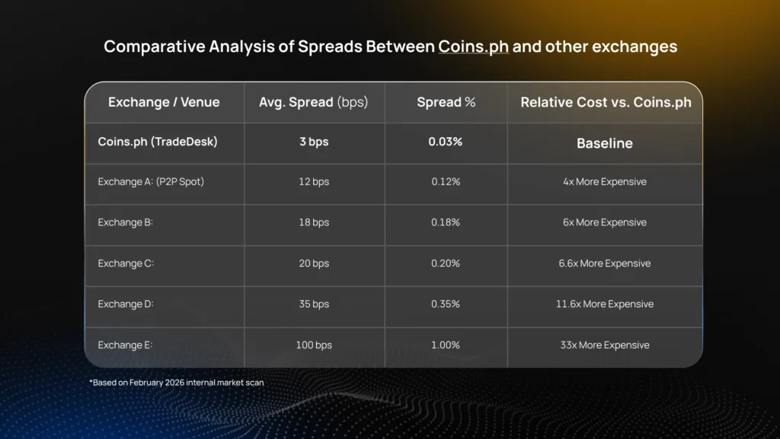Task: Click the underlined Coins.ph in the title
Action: [473, 47]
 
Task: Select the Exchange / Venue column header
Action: [164, 102]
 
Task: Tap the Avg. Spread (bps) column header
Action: [314, 102]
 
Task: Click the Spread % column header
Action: [446, 102]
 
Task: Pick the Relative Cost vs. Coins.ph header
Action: [606, 102]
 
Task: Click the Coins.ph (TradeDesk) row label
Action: [158, 142]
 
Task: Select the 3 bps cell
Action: [314, 142]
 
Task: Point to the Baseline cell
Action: [605, 143]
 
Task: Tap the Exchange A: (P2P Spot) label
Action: [151, 182]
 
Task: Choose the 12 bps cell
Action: [314, 182]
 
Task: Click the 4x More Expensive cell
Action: [605, 182]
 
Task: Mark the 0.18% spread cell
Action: [446, 223]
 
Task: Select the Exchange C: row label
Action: [126, 264]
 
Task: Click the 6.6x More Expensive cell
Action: [605, 264]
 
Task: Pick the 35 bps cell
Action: [314, 304]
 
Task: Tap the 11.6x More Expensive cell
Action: [605, 304]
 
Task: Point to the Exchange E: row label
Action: [126, 345]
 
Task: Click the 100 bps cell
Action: [314, 345]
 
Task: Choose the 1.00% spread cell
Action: [446, 345]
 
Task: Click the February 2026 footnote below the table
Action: [177, 383]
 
